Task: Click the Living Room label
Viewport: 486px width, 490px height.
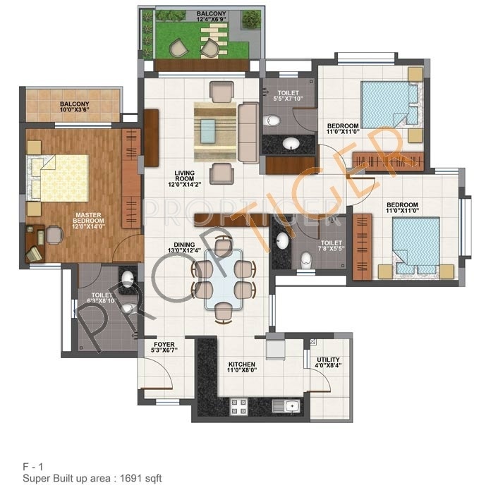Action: (x=185, y=179)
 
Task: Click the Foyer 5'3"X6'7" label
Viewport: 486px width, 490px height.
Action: (x=164, y=347)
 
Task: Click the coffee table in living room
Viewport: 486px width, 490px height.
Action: (x=208, y=129)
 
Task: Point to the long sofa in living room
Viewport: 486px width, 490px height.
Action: (x=248, y=132)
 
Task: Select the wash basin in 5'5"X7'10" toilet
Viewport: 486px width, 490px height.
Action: (x=290, y=145)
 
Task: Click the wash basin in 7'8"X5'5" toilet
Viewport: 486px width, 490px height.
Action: (x=283, y=240)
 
